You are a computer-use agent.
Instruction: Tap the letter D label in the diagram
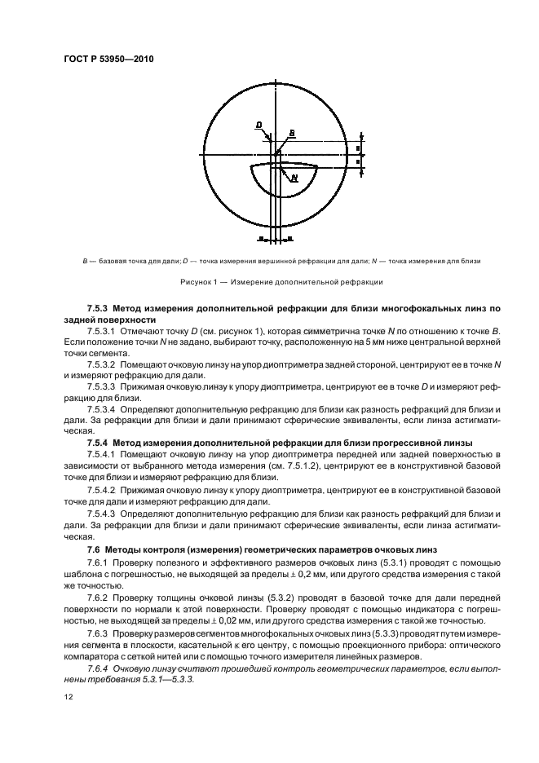click(258, 125)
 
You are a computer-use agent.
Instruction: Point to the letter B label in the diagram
click(292, 132)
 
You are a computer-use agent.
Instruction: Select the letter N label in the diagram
click(293, 176)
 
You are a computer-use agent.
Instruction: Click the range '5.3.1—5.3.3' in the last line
click(164, 679)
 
